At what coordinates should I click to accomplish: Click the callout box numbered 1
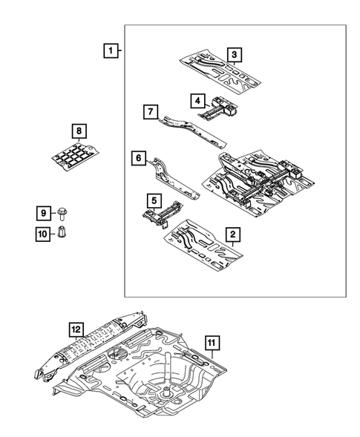[110, 51]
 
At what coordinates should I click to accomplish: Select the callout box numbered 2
[232, 235]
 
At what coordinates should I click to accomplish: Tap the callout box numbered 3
[233, 54]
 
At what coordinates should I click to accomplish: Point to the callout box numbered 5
[152, 200]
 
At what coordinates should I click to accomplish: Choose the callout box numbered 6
[138, 157]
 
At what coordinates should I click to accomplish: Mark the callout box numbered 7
[150, 112]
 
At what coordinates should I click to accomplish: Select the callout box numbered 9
[44, 214]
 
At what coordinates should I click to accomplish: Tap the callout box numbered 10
[44, 234]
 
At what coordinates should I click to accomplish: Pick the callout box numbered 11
[211, 342]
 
